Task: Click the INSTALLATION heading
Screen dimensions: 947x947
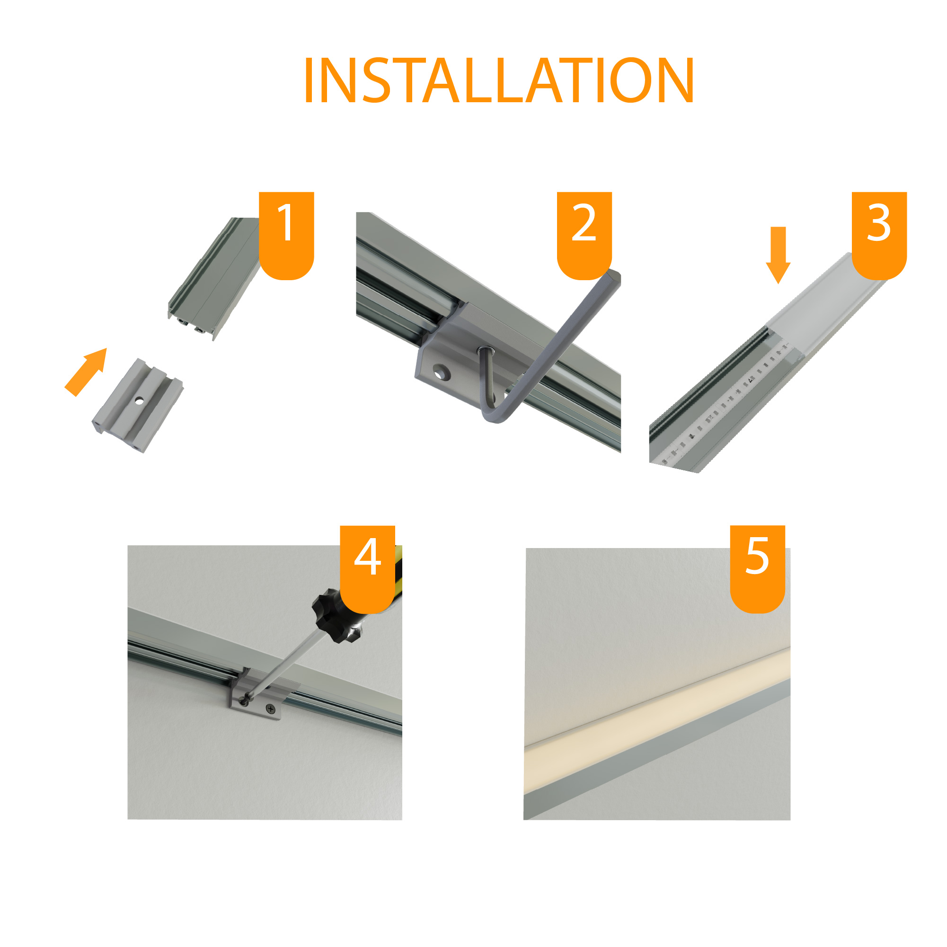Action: tap(499, 80)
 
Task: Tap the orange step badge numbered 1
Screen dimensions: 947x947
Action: tap(286, 236)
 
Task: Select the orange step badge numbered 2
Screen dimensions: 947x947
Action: tap(584, 236)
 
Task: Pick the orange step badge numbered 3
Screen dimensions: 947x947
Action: tap(879, 236)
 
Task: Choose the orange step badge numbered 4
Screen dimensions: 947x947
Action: tap(368, 569)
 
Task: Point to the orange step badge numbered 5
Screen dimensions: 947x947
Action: tap(758, 569)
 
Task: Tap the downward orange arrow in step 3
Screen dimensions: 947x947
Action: tap(778, 255)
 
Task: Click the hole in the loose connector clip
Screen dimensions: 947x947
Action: tap(140, 400)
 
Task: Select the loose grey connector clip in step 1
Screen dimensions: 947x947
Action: tap(138, 406)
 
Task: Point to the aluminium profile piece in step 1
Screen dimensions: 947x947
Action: tap(214, 278)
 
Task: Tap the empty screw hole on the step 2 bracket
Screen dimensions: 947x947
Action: tap(441, 372)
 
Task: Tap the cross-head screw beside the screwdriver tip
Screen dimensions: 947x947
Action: tap(270, 709)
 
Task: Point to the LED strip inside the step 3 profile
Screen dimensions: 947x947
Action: tap(726, 403)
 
